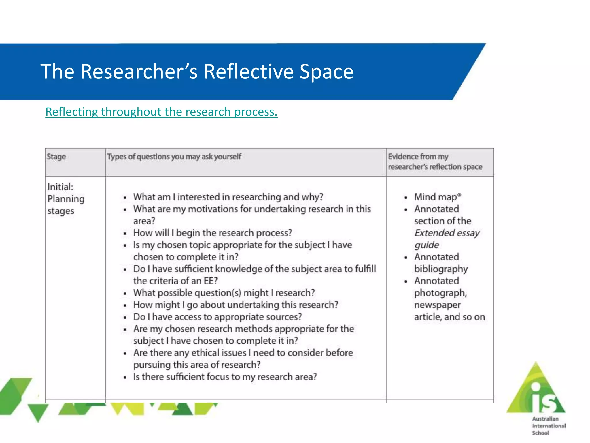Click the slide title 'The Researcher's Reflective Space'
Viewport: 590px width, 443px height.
coord(197,72)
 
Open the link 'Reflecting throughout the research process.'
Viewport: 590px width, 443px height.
coord(161,112)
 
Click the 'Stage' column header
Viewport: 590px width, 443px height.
coord(56,157)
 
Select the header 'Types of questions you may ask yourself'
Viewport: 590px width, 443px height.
coord(174,157)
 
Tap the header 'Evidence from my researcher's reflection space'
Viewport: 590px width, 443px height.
coord(435,162)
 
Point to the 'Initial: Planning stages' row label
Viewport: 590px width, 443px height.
coord(66,199)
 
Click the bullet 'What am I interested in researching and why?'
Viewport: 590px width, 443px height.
coord(228,197)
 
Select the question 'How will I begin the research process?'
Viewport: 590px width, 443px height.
coord(212,233)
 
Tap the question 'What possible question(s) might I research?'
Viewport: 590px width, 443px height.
coord(224,293)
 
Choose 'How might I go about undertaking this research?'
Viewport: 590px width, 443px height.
coord(235,305)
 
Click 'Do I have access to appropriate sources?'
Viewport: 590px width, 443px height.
coord(217,317)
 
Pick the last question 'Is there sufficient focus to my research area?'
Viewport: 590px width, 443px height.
coord(225,377)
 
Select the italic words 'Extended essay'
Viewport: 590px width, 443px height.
coord(447,233)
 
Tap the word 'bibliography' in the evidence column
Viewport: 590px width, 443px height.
coord(441,269)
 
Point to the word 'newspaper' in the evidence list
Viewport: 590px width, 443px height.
coord(437,305)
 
